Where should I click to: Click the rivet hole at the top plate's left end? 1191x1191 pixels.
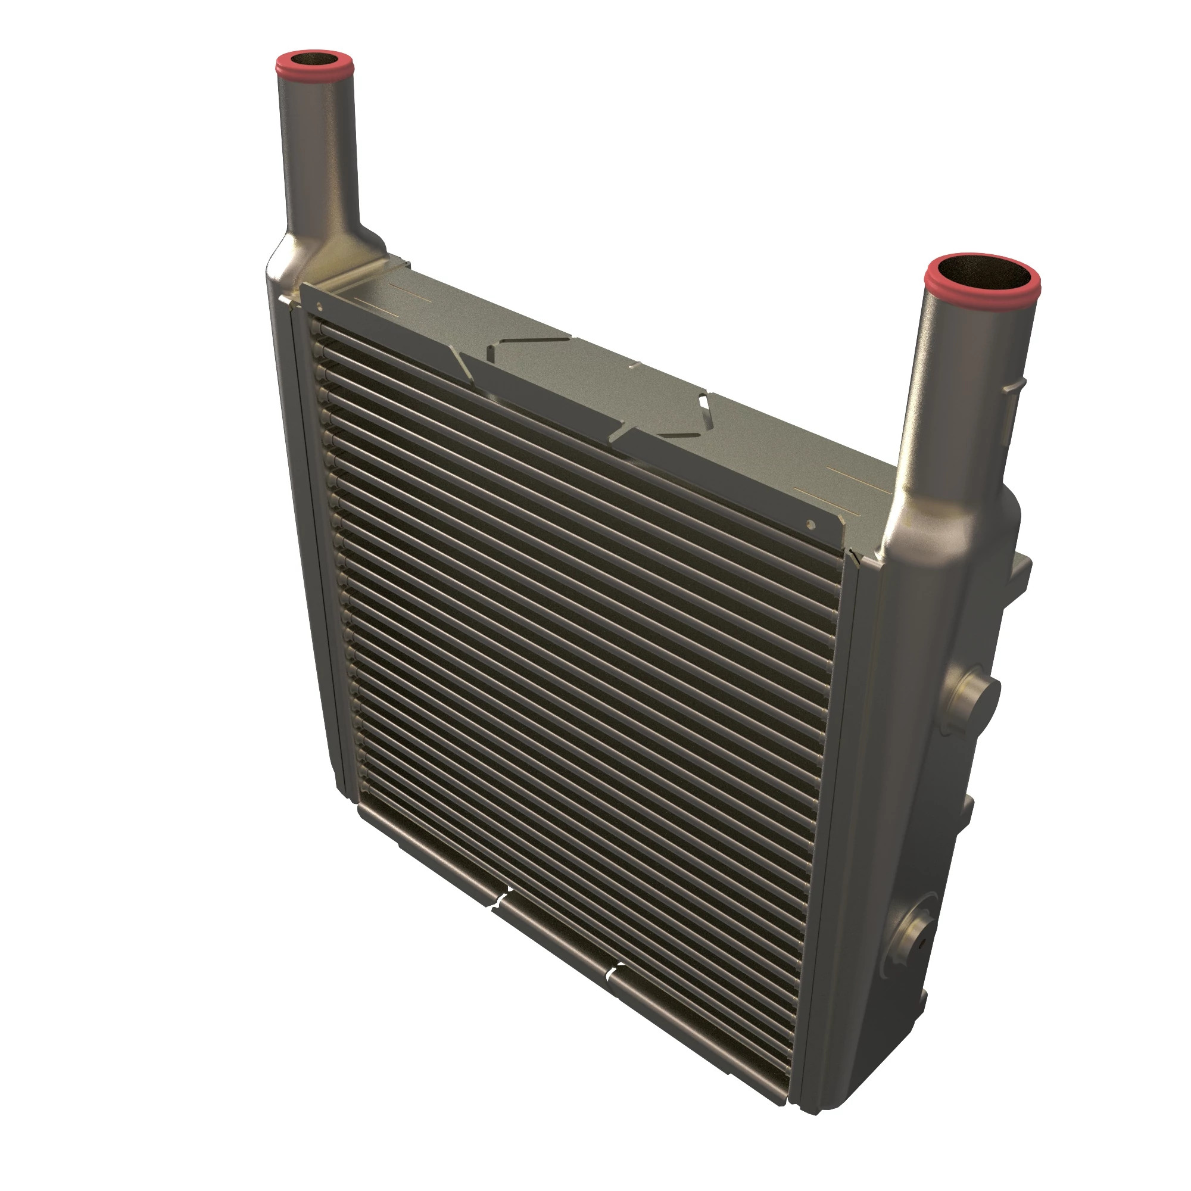point(319,304)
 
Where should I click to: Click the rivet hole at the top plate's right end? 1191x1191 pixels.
point(811,525)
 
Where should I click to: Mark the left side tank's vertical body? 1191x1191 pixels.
point(302,555)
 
